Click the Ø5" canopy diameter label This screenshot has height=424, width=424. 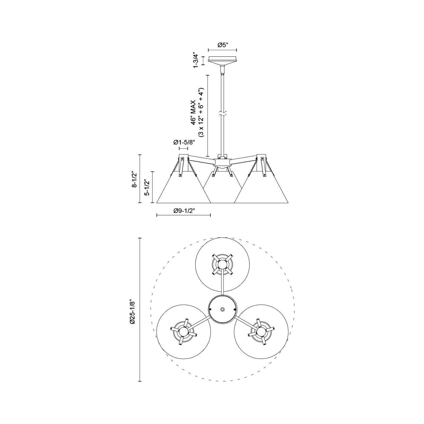(223, 45)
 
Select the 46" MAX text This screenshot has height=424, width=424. (193, 112)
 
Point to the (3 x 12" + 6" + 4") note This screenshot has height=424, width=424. (201, 112)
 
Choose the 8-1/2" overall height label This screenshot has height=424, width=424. (134, 179)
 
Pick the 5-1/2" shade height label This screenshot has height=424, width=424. (146, 187)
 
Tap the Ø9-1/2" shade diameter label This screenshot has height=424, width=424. (184, 211)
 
